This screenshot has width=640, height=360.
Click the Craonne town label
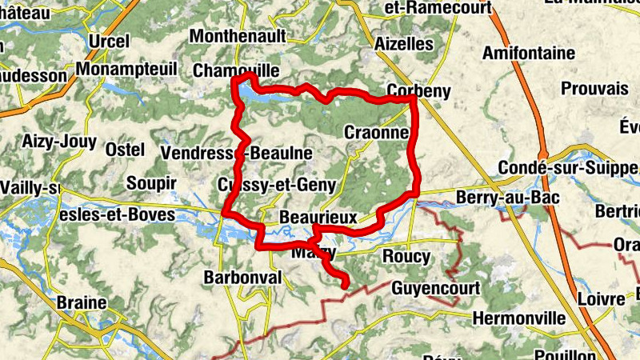[376, 133]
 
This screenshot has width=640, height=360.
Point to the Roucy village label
[406, 257]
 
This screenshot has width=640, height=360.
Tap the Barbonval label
[243, 277]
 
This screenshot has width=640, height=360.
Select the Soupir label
[151, 183]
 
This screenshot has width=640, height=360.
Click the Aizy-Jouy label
[59, 142]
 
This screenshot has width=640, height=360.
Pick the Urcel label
[110, 41]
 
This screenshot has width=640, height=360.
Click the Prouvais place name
[594, 88]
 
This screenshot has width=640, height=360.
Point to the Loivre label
[600, 299]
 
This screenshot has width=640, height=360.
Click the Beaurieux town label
[318, 217]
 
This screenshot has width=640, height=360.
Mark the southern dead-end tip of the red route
[345, 284]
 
